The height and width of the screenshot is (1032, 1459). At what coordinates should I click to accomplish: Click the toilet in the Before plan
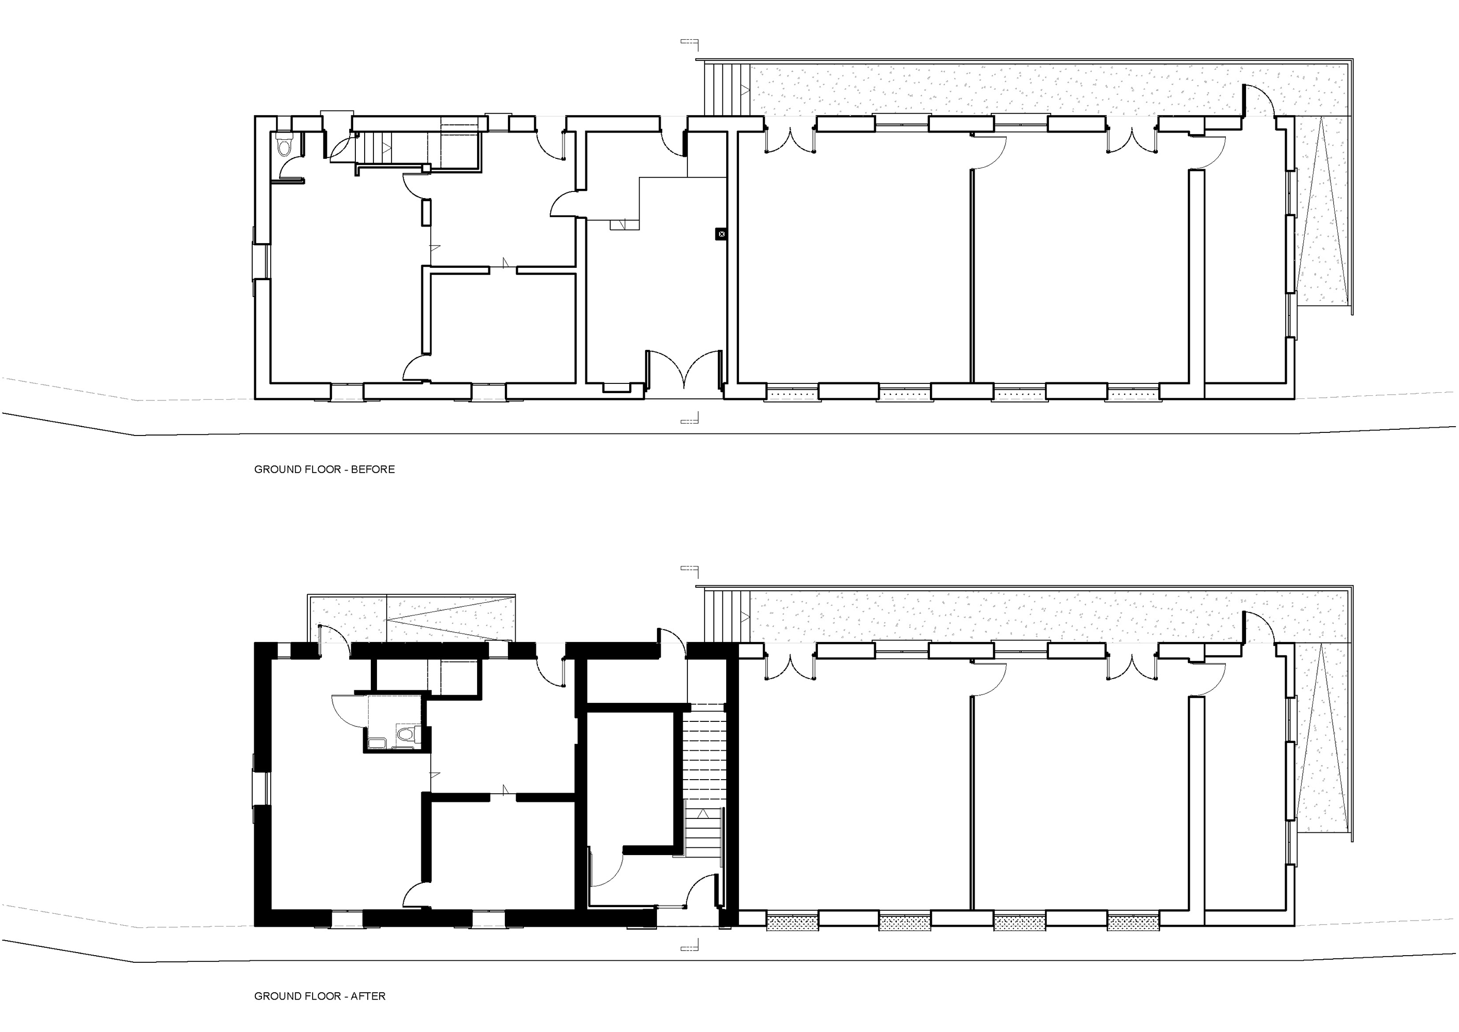[x=284, y=146]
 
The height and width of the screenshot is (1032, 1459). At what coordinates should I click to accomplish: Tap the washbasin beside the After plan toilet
[x=377, y=742]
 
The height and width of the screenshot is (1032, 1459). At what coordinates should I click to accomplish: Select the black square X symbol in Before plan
[x=720, y=234]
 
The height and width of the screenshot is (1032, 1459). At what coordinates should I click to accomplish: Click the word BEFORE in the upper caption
[x=373, y=469]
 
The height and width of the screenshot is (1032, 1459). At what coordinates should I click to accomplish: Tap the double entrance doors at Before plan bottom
[x=684, y=370]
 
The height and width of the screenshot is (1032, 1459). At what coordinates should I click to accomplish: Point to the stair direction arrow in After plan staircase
[x=703, y=813]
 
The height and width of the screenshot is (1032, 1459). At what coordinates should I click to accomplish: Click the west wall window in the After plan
[x=260, y=788]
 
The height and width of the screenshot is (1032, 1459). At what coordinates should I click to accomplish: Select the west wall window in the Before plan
[x=260, y=261]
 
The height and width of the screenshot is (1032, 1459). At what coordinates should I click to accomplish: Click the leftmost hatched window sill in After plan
[x=792, y=922]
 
